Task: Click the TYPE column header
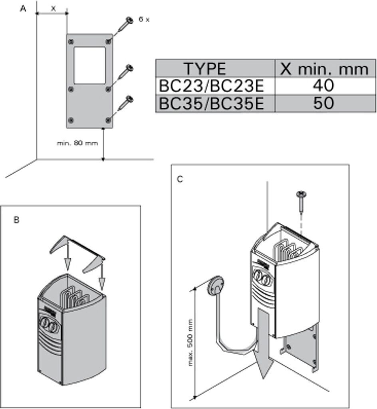tap(204, 69)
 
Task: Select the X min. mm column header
tap(324, 69)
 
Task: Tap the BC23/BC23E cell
tap(212, 86)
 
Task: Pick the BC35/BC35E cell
tap(212, 103)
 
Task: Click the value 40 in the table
tap(324, 86)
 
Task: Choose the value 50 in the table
tap(324, 103)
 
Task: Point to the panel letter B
tap(16, 220)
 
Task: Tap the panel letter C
tap(180, 179)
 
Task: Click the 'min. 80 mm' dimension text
tap(77, 143)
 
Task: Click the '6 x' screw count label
tap(144, 19)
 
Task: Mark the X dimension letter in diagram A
tap(53, 8)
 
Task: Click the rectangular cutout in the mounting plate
tap(90, 65)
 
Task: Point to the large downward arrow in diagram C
tap(263, 343)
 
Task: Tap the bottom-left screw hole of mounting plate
tap(71, 120)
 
